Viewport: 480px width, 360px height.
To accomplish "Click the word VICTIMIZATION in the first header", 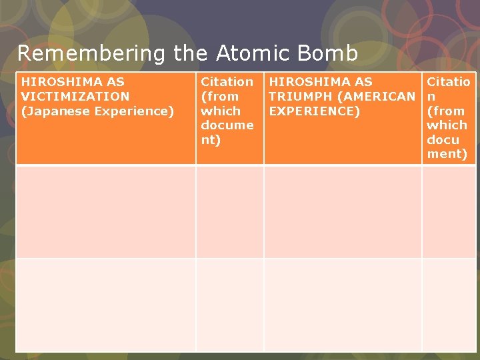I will click(75, 96).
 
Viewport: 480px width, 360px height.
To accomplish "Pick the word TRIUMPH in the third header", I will click(303, 96).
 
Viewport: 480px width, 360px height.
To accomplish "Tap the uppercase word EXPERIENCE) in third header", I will click(314, 111).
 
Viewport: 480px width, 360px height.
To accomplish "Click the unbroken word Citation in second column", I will click(227, 81).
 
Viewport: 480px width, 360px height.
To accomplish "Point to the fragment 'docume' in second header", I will click(227, 125).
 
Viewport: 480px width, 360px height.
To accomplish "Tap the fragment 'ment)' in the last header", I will click(447, 154).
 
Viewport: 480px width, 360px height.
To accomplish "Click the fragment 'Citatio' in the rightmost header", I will click(448, 81).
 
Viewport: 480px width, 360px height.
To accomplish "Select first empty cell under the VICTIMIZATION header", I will click(105, 211).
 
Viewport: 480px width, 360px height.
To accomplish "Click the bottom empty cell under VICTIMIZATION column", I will click(105, 305).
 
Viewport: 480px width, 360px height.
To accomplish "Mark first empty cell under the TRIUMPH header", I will click(343, 211).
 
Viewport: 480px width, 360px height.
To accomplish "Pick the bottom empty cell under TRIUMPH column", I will click(343, 305).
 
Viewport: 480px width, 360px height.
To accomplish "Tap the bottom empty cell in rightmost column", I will click(449, 305).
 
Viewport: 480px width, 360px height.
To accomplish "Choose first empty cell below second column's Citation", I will click(229, 211).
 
